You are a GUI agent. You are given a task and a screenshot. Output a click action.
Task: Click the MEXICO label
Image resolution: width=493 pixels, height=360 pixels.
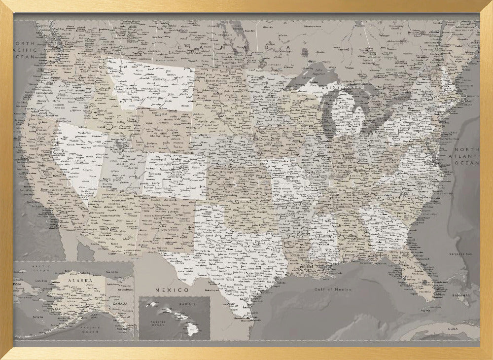(x=172, y=290)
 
